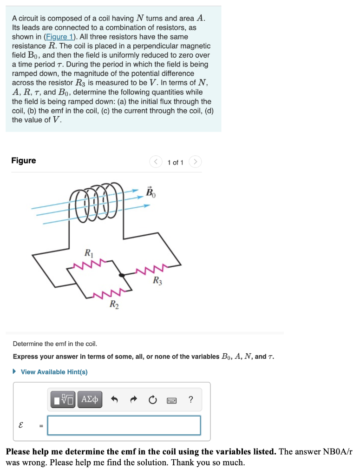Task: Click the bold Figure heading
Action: pos(23,160)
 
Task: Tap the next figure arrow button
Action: pos(196,162)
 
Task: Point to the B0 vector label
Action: pos(151,192)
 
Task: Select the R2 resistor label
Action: pos(113,304)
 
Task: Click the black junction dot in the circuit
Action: pos(122,275)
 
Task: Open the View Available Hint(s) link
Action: pos(54,372)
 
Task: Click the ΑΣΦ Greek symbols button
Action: pos(90,399)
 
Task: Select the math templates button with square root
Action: pos(63,399)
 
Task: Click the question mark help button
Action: pos(191,399)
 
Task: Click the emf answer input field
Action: pos(124,425)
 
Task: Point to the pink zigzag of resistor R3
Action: pos(151,270)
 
